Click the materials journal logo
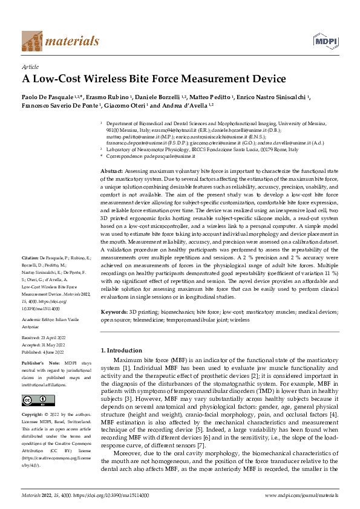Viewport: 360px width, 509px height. [x=61, y=41]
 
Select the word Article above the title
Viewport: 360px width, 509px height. [x=30, y=66]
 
